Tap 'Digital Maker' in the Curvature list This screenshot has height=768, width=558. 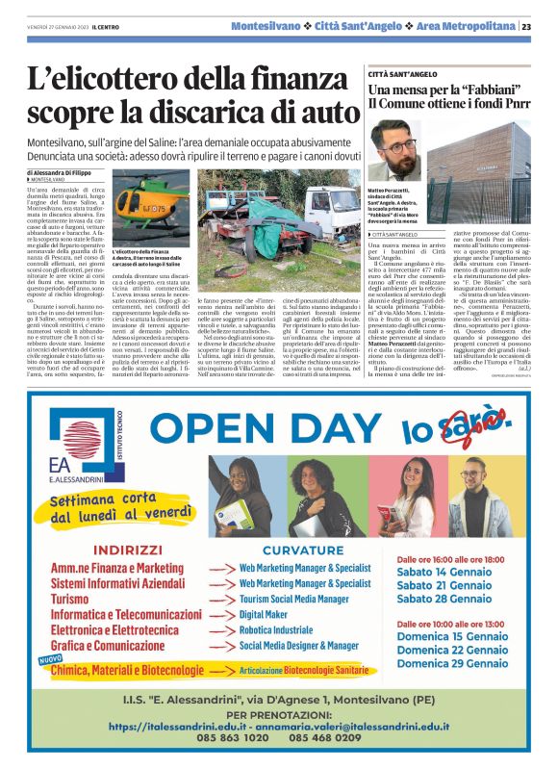pyautogui.click(x=264, y=614)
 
